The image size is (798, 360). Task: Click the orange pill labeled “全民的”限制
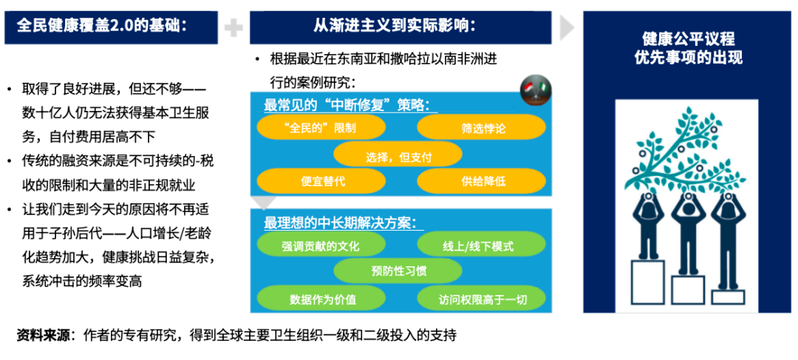tap(321, 127)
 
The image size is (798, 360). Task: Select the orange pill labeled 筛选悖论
tap(482, 127)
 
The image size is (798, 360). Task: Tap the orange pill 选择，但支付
tap(398, 154)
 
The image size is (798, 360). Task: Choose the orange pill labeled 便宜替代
tap(321, 181)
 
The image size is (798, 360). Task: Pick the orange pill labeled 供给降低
tap(482, 181)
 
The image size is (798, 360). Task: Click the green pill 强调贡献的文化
tap(321, 245)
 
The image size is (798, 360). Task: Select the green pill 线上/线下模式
tap(482, 245)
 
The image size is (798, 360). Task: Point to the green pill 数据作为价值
tap(321, 299)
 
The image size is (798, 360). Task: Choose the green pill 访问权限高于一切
tap(482, 299)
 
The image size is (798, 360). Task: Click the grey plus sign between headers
tap(233, 27)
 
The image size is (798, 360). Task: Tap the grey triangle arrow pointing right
tap(567, 27)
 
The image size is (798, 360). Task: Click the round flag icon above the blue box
tap(536, 91)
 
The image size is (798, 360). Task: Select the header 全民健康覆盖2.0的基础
tap(102, 26)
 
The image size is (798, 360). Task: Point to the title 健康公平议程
tap(688, 39)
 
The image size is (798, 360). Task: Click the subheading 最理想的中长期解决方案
tap(340, 223)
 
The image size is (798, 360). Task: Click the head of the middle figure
tap(688, 200)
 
